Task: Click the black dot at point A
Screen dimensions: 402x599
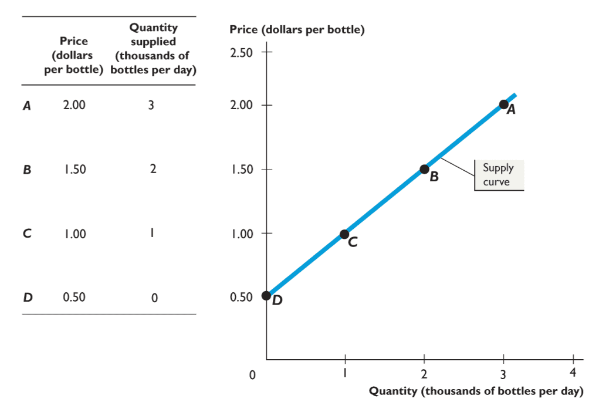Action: pyautogui.click(x=503, y=104)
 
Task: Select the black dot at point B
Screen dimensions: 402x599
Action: pyautogui.click(x=424, y=169)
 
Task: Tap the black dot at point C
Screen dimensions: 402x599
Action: pyautogui.click(x=344, y=234)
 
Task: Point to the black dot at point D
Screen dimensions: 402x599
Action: pyautogui.click(x=266, y=295)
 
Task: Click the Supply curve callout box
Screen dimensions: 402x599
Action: pyautogui.click(x=498, y=175)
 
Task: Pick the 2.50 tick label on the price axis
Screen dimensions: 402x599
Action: pyautogui.click(x=242, y=53)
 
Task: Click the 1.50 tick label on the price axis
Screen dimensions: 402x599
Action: pyautogui.click(x=242, y=170)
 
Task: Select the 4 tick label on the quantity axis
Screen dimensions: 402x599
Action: pyautogui.click(x=573, y=373)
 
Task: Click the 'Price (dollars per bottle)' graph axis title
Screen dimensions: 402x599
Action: pyautogui.click(x=297, y=29)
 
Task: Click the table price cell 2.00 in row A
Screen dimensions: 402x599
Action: pyautogui.click(x=74, y=106)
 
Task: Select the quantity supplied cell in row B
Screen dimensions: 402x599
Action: pyautogui.click(x=153, y=169)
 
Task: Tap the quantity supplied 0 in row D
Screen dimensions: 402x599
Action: pyautogui.click(x=154, y=298)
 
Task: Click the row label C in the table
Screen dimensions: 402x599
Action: pyautogui.click(x=27, y=234)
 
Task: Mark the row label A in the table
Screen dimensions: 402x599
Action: pyautogui.click(x=27, y=106)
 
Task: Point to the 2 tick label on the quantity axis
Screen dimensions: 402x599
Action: pyautogui.click(x=424, y=373)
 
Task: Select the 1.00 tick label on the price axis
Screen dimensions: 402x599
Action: pyautogui.click(x=242, y=234)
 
